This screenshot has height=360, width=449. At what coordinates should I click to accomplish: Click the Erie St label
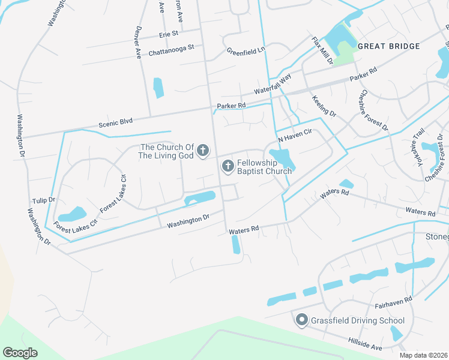point(169,34)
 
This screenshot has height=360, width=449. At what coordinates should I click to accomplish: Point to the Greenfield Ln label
point(246,52)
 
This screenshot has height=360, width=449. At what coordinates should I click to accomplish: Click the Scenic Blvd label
point(115,122)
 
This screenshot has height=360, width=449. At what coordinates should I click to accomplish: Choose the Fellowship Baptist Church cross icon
point(228,166)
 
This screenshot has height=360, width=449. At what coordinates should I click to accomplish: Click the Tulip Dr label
point(43,200)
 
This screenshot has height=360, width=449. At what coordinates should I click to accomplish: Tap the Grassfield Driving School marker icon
point(302,320)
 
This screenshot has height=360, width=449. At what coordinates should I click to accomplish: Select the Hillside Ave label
point(365,343)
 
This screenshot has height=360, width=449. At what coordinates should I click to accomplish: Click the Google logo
point(20,352)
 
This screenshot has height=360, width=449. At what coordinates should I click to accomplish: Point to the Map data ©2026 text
point(423,355)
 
